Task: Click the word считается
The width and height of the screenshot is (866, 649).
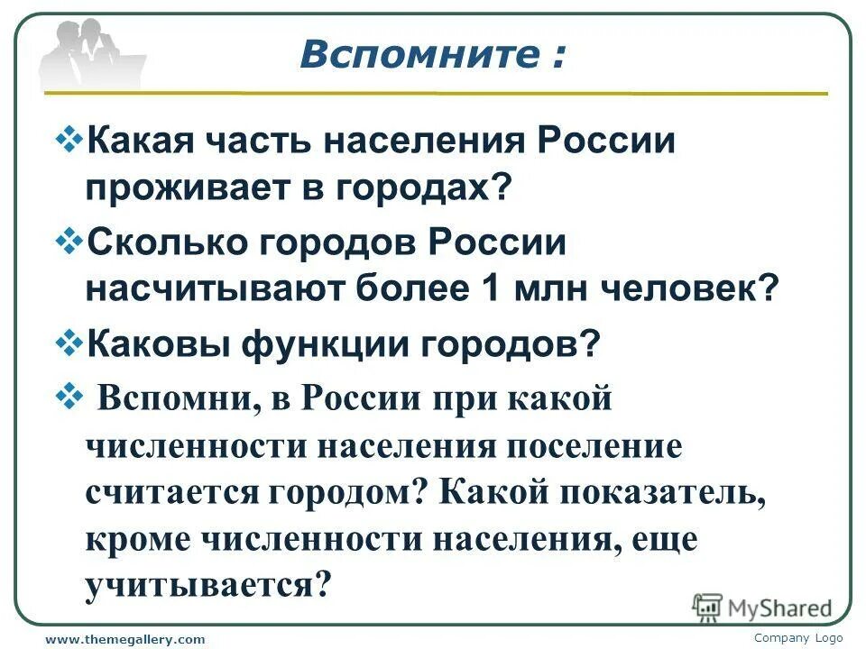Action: [x=166, y=493]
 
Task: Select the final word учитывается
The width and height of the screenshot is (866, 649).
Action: [x=202, y=587]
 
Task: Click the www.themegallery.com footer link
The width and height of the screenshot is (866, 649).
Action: [x=125, y=639]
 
